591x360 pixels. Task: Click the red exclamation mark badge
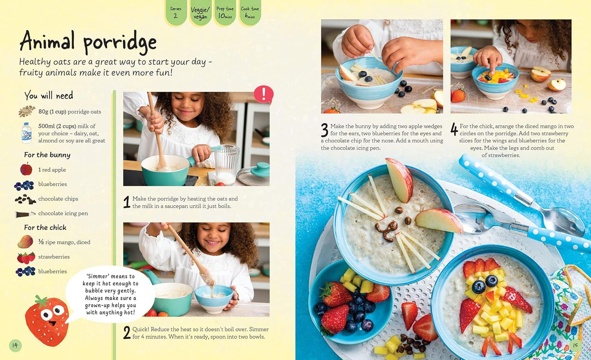pos(263,94)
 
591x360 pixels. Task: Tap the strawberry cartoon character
pos(47,315)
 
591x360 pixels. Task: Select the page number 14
pos(15,345)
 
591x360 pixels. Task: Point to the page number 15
pos(575,345)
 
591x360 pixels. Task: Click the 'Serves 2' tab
pos(175,12)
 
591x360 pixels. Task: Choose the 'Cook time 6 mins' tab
pos(249,12)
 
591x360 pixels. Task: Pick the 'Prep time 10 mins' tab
pos(225,12)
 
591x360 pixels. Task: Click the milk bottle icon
pos(27,133)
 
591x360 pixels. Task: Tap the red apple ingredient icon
pos(26,169)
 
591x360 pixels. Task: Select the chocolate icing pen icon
pos(25,214)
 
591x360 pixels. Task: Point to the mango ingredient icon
pos(25,242)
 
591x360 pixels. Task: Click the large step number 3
pos(324,130)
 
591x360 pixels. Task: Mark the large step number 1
pos(127,202)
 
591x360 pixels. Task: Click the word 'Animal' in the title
pos(47,41)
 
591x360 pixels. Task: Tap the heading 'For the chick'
pos(45,227)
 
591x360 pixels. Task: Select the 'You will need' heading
pos(49,96)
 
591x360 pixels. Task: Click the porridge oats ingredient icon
pos(27,111)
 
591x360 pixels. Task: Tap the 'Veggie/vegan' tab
pos(200,13)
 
